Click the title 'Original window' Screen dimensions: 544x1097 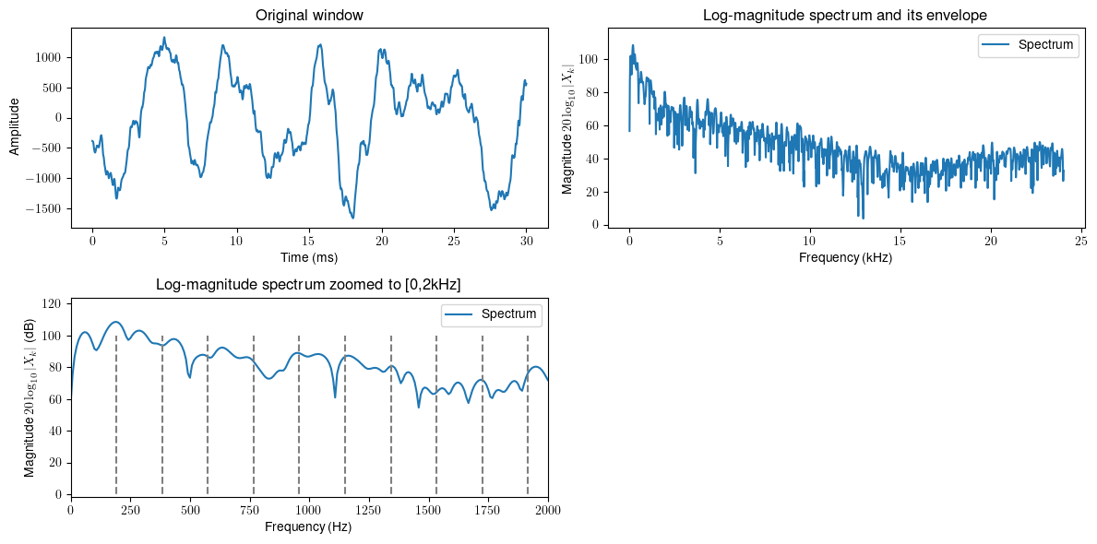pyautogui.click(x=309, y=15)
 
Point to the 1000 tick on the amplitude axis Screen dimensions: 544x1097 pyautogui.click(x=48, y=57)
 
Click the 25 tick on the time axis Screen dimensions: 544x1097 pyautogui.click(x=453, y=240)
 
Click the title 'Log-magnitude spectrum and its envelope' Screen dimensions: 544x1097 pyautogui.click(x=844, y=15)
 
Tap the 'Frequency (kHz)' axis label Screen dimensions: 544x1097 pyautogui.click(x=844, y=257)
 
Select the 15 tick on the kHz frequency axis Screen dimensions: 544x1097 pyautogui.click(x=900, y=240)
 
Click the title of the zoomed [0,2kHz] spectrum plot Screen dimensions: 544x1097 pyautogui.click(x=309, y=286)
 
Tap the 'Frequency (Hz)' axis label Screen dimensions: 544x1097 pyautogui.click(x=309, y=527)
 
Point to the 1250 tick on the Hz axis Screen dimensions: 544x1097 pyautogui.click(x=368, y=509)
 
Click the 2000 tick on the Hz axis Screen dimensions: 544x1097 pyautogui.click(x=548, y=509)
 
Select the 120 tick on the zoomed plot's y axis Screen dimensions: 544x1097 pyautogui.click(x=53, y=304)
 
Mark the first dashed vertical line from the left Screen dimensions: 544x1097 pyautogui.click(x=116, y=415)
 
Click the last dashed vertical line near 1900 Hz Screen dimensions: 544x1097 pyautogui.click(x=528, y=415)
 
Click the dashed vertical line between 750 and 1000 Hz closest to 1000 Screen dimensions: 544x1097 pyautogui.click(x=299, y=415)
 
